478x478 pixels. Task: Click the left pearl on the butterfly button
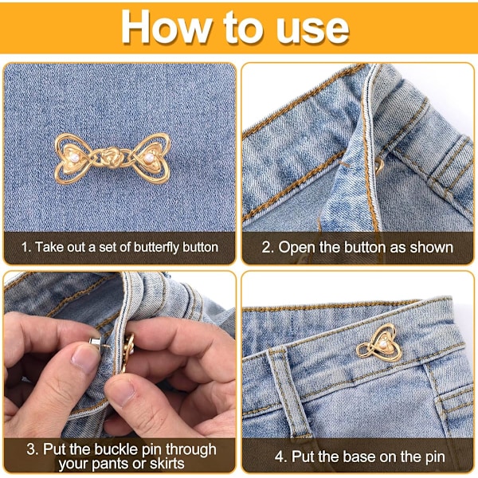74,157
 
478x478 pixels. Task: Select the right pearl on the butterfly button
149,157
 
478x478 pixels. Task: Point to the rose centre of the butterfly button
112,157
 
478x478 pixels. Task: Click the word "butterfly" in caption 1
156,248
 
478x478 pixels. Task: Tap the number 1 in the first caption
25,247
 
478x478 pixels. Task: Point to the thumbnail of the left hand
84,358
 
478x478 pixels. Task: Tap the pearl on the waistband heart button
383,344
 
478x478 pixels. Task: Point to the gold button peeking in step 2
379,165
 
